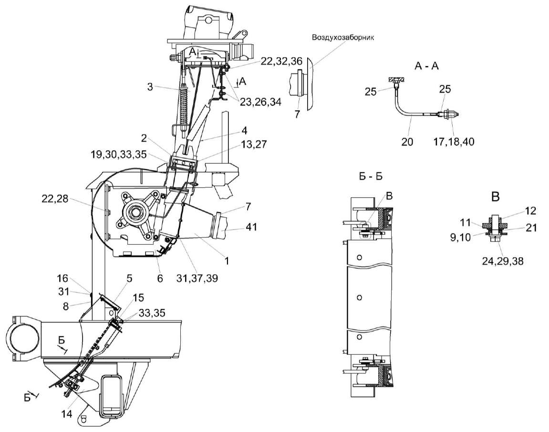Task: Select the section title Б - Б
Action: point(371,175)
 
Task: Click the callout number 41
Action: point(251,227)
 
